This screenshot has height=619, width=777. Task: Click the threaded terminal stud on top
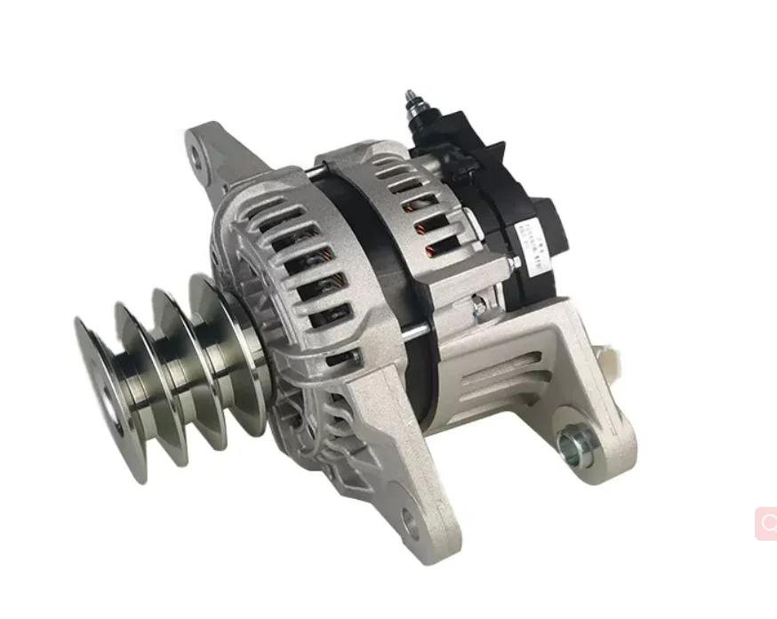click(x=413, y=100)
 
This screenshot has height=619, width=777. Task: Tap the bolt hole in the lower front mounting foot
click(x=410, y=521)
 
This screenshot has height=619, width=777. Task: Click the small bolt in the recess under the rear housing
click(x=478, y=308)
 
